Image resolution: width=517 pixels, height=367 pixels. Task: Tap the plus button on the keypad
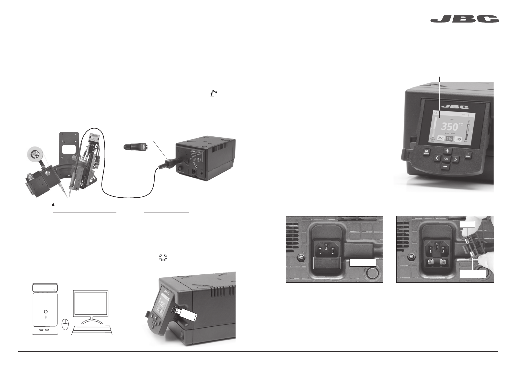pos(447,151)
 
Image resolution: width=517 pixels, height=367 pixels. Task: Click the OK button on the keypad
pos(446,159)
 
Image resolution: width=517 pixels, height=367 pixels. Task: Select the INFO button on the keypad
pos(467,155)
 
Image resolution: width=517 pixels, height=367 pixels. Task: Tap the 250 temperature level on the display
pos(441,138)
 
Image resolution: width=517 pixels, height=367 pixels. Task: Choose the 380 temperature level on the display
pos(458,139)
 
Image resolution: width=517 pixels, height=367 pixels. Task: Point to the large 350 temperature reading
pos(450,127)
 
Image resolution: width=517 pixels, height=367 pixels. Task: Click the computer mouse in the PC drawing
pos(65,324)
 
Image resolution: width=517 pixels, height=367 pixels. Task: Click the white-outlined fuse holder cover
pos(327,263)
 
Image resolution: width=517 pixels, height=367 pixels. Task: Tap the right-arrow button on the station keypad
pos(455,159)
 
